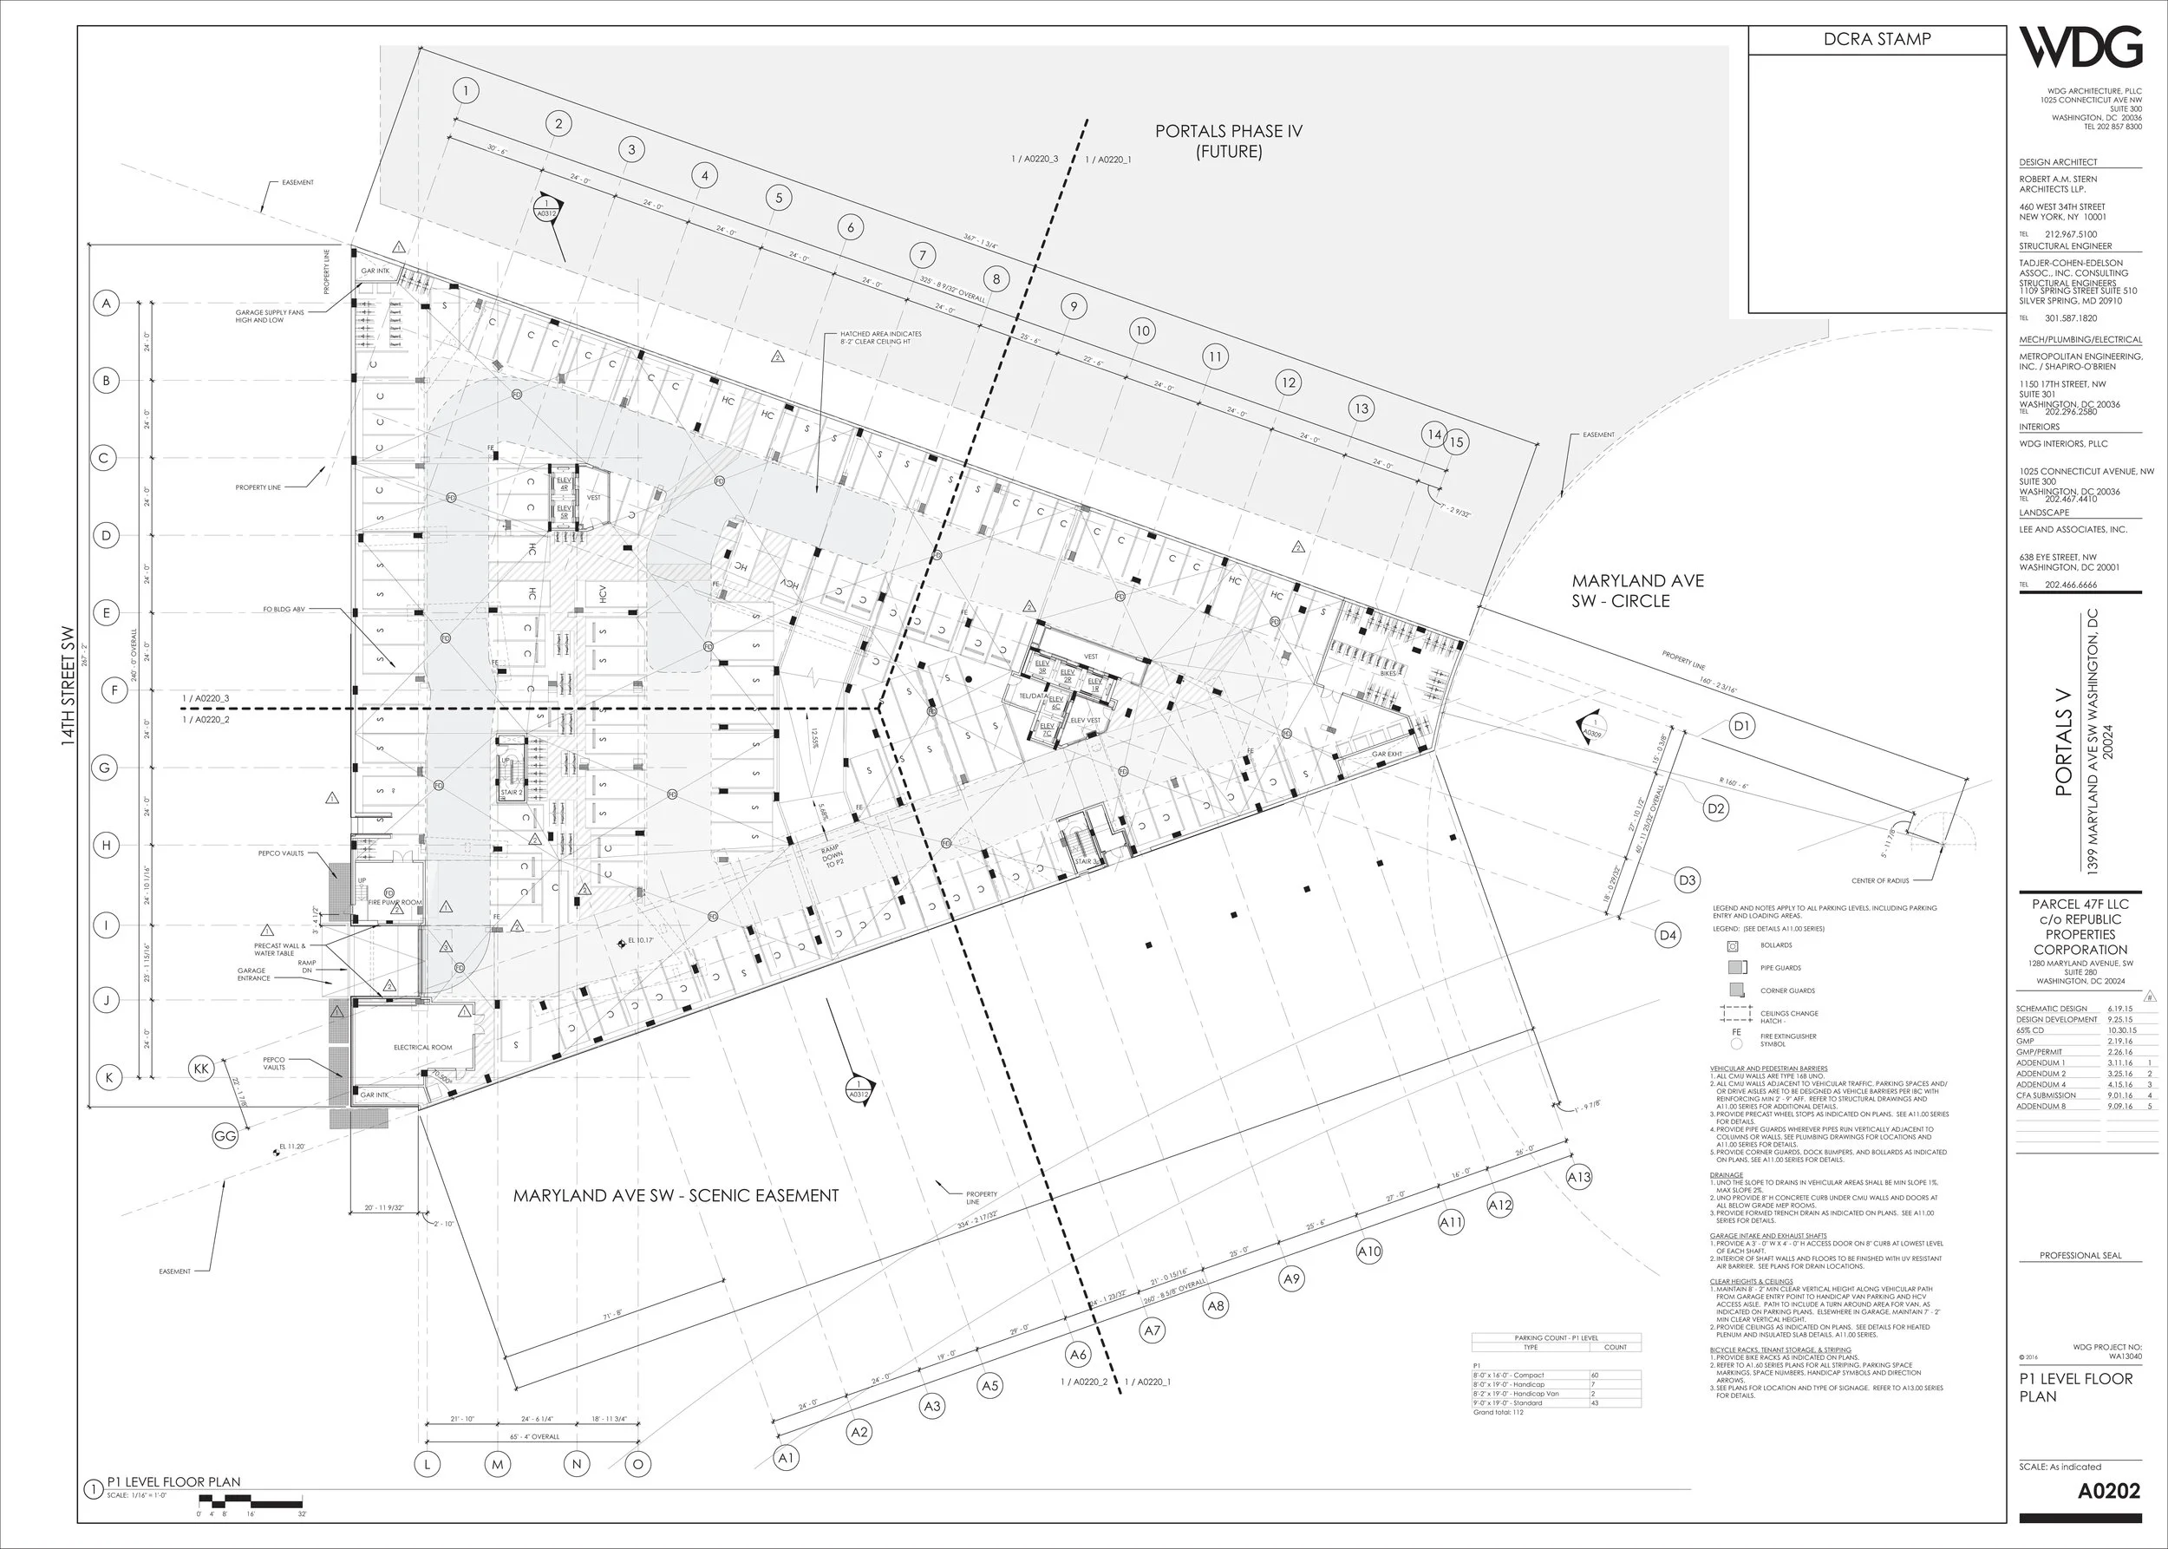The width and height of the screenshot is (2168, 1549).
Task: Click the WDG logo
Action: [x=2080, y=49]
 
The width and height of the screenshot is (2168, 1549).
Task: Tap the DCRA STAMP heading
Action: [x=1876, y=39]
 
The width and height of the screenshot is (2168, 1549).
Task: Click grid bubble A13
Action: [x=1578, y=1177]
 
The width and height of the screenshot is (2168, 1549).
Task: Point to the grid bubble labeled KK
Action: [x=201, y=1069]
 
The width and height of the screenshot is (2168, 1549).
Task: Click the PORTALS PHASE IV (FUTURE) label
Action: [x=1229, y=141]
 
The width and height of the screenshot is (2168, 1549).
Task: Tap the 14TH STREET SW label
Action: [x=68, y=687]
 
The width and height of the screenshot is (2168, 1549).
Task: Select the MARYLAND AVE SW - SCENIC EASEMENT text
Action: [x=676, y=1195]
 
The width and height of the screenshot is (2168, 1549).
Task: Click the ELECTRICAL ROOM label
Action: [x=422, y=1048]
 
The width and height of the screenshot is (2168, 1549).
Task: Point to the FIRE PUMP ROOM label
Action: [x=395, y=902]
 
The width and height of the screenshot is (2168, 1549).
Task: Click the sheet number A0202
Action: [x=2109, y=1491]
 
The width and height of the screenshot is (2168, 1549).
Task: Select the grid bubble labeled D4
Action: [x=1668, y=936]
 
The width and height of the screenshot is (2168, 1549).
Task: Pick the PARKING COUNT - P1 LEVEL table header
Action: [x=1556, y=1338]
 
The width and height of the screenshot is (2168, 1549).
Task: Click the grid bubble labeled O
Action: [x=638, y=1464]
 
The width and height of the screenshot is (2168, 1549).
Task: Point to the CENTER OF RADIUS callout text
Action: [x=1880, y=880]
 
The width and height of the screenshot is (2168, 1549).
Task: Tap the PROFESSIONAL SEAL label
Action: [x=2080, y=1255]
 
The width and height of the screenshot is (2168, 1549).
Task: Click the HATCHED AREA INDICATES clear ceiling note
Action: [x=879, y=337]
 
